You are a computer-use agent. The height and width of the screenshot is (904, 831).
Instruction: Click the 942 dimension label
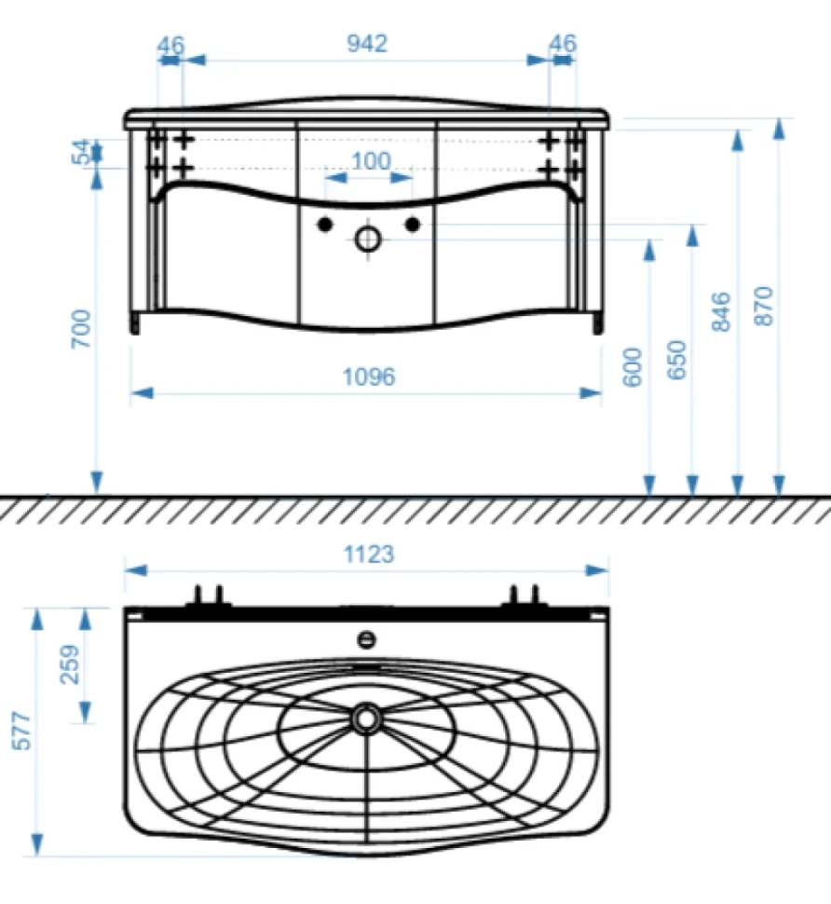coord(367,44)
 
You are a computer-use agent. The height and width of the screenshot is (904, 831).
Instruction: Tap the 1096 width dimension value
coord(369,377)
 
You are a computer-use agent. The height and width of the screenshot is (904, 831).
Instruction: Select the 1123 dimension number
coord(369,555)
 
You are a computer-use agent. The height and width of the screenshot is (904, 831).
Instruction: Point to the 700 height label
coord(81,329)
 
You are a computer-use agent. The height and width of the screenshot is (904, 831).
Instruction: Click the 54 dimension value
coord(81,152)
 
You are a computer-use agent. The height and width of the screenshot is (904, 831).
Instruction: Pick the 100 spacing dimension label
coord(371,161)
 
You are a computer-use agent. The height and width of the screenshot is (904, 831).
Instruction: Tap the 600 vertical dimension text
coord(633,366)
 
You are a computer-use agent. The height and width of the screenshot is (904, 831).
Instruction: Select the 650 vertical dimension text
coord(676,360)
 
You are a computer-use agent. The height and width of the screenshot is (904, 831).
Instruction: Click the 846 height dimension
coord(721,312)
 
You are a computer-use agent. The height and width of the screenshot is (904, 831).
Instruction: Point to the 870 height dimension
coord(764,306)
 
